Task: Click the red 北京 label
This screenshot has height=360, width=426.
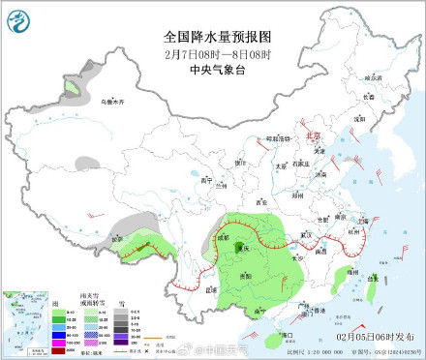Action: click(x=312, y=137)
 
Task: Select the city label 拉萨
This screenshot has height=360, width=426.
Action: click(x=118, y=239)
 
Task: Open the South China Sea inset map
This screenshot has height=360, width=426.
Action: click(x=23, y=314)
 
